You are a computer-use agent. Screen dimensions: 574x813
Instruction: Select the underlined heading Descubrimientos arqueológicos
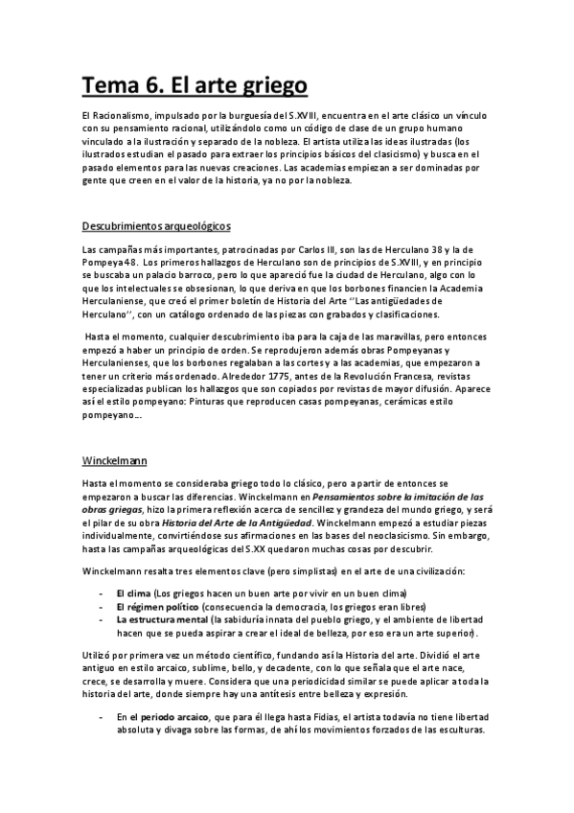tap(156, 226)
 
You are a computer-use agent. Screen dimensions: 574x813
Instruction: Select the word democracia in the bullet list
tap(289, 607)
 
